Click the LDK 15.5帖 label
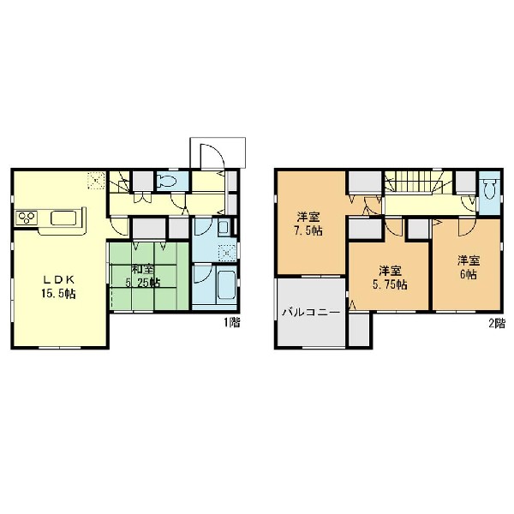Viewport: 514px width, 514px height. click(58, 286)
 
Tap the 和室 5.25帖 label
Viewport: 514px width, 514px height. click(143, 276)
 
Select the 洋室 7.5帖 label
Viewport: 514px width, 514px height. click(308, 224)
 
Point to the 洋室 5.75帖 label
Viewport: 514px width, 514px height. click(390, 278)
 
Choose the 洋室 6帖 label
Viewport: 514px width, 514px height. click(469, 267)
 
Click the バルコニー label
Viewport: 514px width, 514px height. click(311, 312)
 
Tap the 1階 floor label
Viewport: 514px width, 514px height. click(232, 323)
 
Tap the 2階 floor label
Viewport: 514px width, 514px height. click(497, 323)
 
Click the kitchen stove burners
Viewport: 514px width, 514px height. click(27, 218)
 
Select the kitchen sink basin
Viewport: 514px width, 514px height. click(63, 218)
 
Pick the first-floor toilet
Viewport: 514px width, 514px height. click(168, 180)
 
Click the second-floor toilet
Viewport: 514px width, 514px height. click(489, 189)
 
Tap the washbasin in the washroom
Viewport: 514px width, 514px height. click(224, 227)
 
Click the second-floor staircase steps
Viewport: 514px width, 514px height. click(415, 182)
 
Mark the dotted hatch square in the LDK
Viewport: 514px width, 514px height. click(96, 180)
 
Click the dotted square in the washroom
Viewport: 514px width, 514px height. click(228, 253)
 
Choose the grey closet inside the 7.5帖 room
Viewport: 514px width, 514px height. click(365, 182)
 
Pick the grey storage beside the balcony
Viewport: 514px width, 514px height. click(359, 330)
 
